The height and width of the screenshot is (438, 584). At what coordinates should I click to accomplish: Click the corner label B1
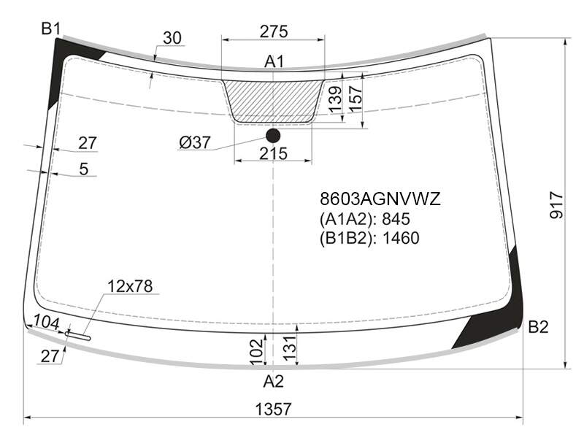[x=50, y=28]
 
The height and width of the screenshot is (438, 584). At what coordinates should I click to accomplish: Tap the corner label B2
[x=538, y=327]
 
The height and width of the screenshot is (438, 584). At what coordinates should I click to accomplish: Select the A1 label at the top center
[x=274, y=62]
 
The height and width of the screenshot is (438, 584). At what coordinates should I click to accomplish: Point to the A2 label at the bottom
[x=274, y=381]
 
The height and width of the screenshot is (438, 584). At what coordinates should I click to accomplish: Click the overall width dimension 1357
[x=273, y=410]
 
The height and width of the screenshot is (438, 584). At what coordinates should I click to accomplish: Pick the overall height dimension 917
[x=557, y=205]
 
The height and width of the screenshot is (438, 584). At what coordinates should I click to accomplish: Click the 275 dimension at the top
[x=274, y=31]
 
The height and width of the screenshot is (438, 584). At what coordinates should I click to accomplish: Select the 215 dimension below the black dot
[x=273, y=153]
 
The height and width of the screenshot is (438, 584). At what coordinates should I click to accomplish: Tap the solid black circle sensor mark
[x=273, y=136]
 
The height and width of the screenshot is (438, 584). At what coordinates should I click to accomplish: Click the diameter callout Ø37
[x=195, y=142]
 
